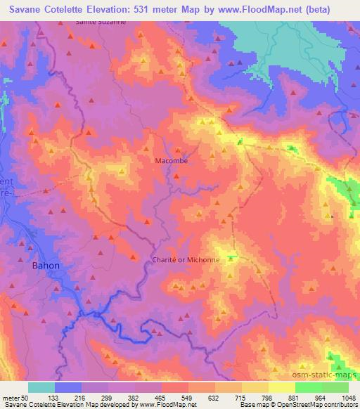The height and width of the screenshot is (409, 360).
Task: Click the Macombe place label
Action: (x=172, y=160)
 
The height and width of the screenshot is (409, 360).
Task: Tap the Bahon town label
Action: (x=46, y=266)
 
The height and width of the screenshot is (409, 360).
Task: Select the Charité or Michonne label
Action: (x=186, y=259)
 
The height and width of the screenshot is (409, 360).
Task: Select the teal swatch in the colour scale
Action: (x=41, y=387)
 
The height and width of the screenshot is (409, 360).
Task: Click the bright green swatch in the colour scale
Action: (x=308, y=387)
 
